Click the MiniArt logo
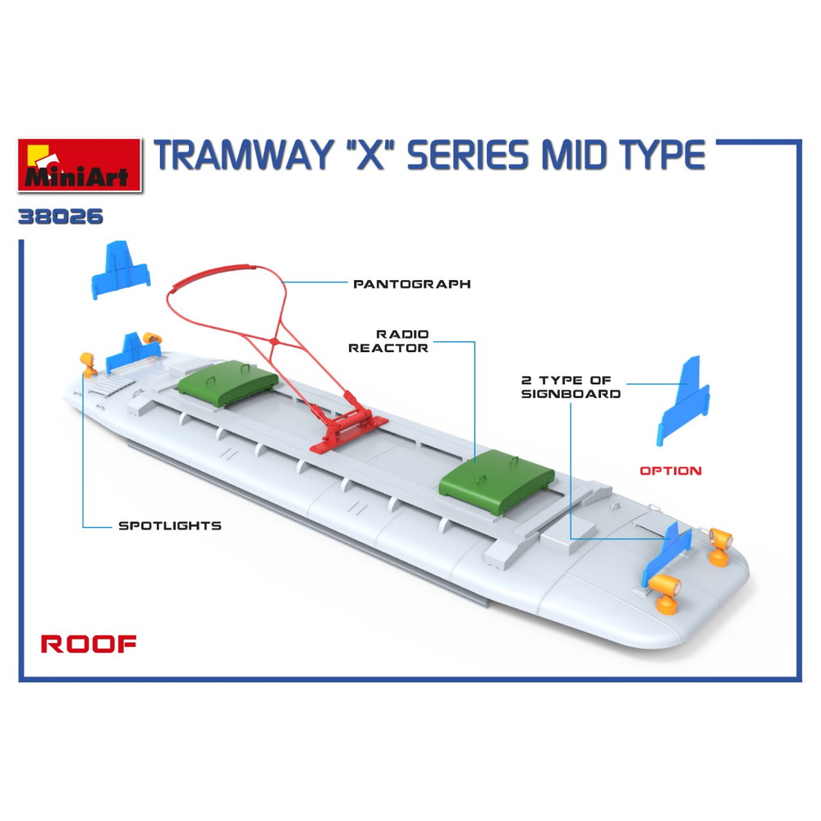coord(79,164)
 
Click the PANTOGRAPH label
coord(411,284)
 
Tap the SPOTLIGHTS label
coord(170,525)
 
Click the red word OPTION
coord(671,471)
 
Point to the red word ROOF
coord(89,644)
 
